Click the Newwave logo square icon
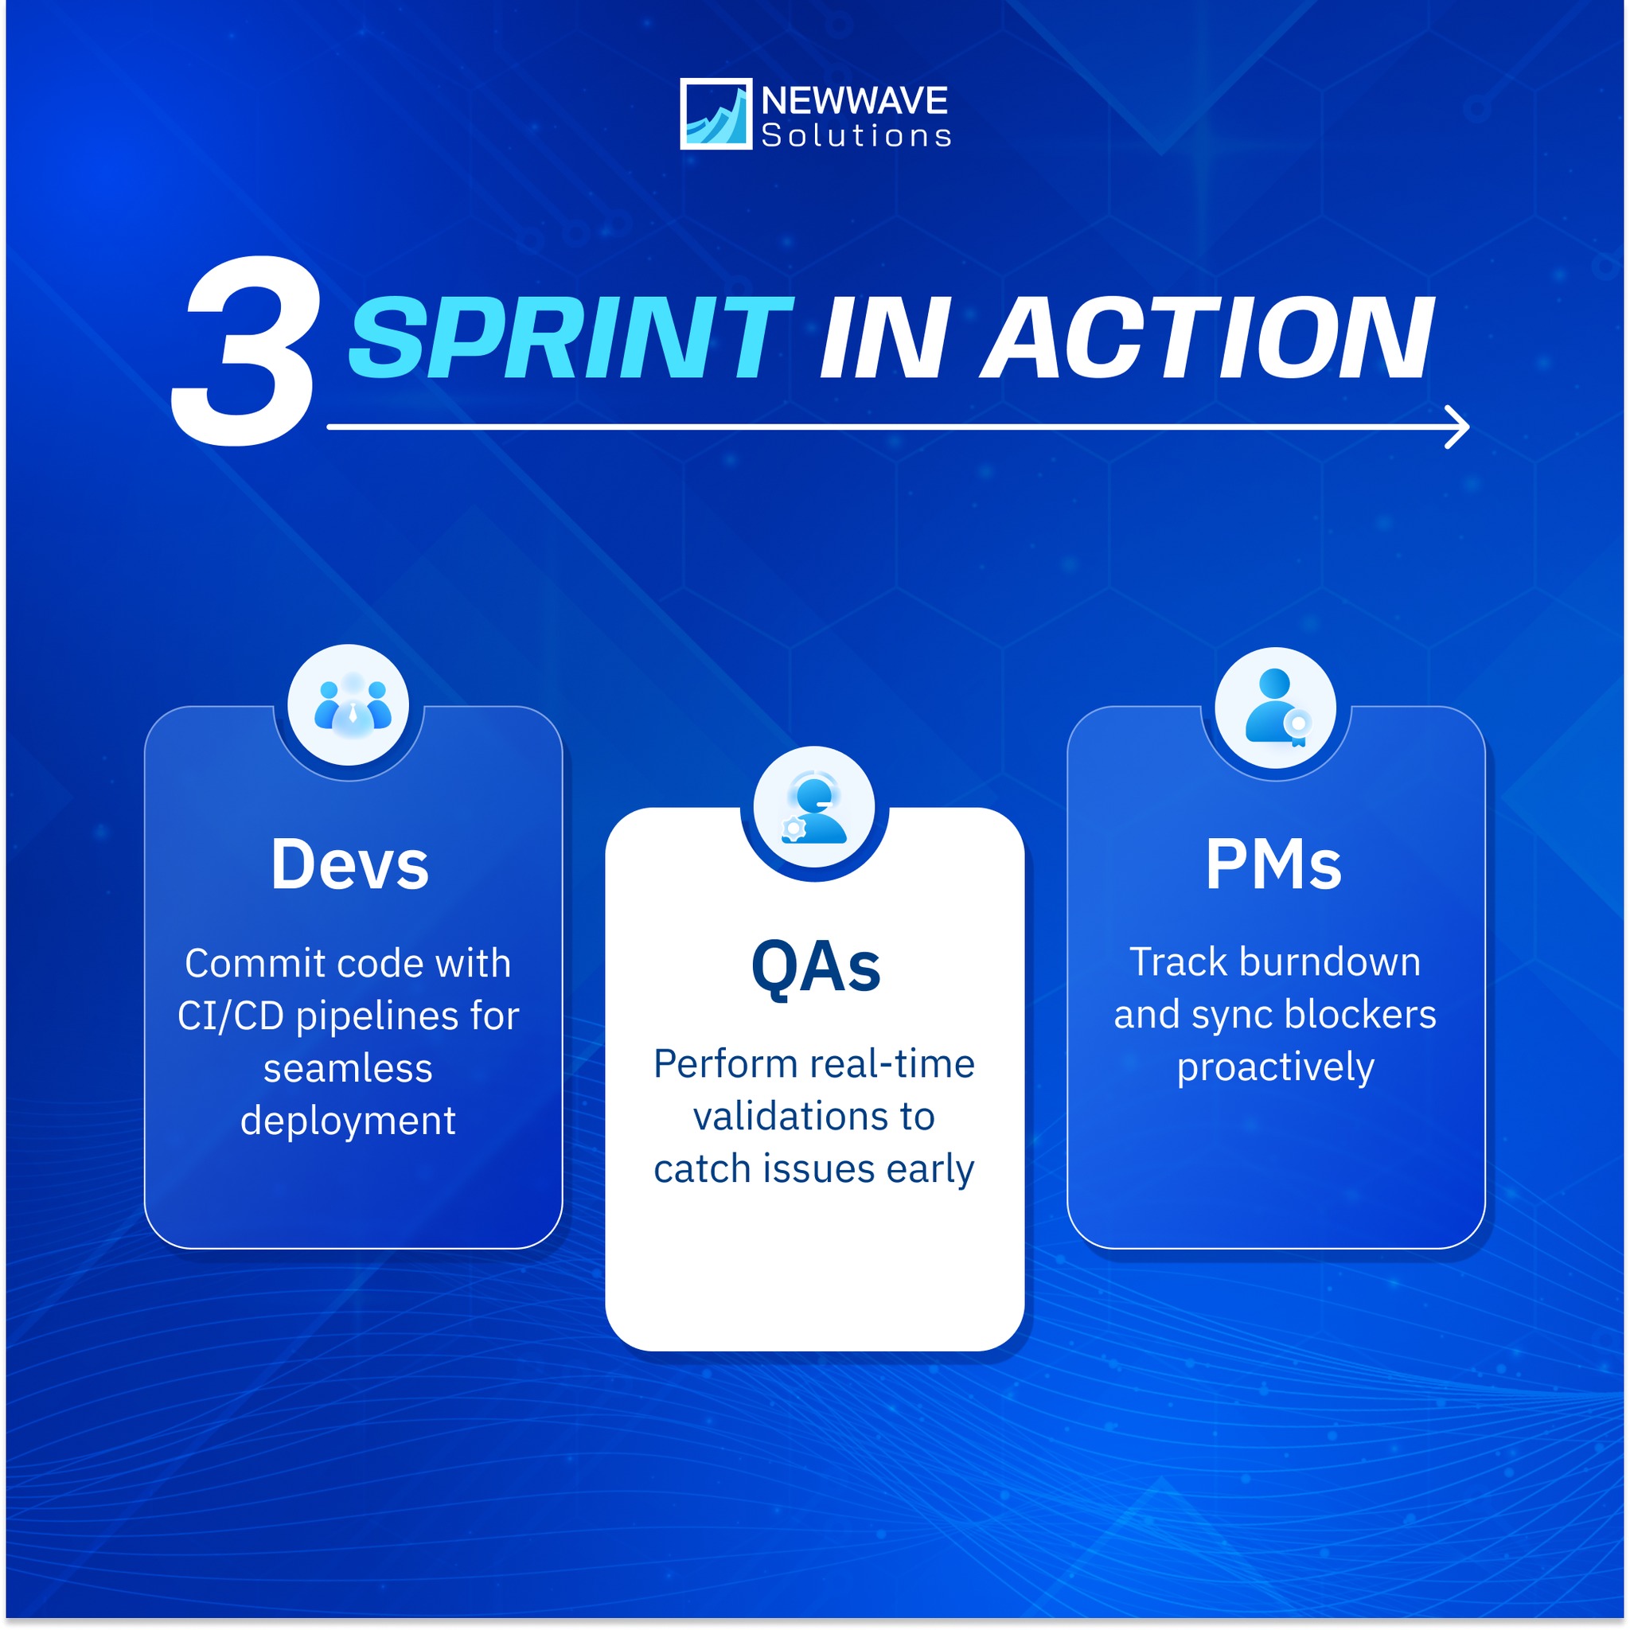click(716, 114)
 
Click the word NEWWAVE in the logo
click(855, 100)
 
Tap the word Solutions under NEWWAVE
click(856, 136)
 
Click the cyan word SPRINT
click(570, 337)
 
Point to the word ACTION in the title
click(1207, 337)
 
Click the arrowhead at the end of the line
click(1456, 427)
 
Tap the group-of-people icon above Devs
click(353, 704)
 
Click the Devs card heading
click(350, 865)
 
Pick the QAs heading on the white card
click(816, 968)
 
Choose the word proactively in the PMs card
click(1276, 1068)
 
